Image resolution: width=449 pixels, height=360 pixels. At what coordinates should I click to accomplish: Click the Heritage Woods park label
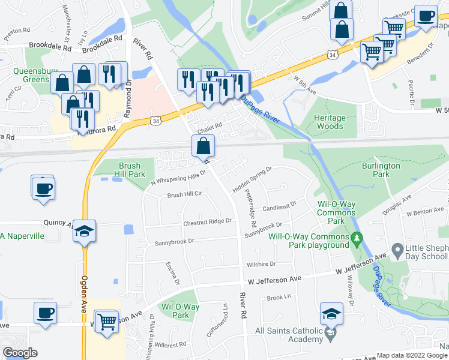[x=329, y=122]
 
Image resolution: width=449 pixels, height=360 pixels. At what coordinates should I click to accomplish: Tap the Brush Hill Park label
[x=129, y=170]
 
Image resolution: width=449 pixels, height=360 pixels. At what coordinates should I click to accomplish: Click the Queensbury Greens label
[x=31, y=74]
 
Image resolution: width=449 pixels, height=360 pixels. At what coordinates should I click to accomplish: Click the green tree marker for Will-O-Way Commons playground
[x=357, y=238]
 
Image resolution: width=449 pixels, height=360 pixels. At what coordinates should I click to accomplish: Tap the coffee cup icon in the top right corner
[x=426, y=16]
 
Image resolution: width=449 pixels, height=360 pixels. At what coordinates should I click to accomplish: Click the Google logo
[x=20, y=353]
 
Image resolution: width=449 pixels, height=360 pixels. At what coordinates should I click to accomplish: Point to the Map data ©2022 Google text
[x=412, y=355]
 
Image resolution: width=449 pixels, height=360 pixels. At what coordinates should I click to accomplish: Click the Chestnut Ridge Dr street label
[x=207, y=221]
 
